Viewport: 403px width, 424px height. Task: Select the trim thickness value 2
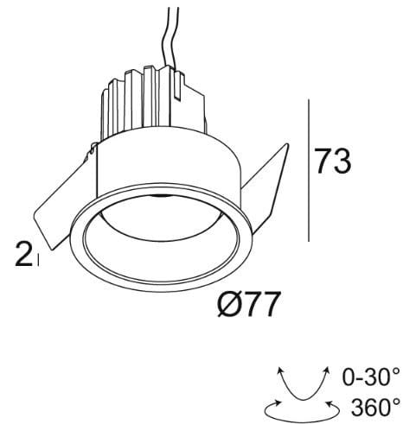[22, 253]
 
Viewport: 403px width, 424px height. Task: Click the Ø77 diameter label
[252, 303]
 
